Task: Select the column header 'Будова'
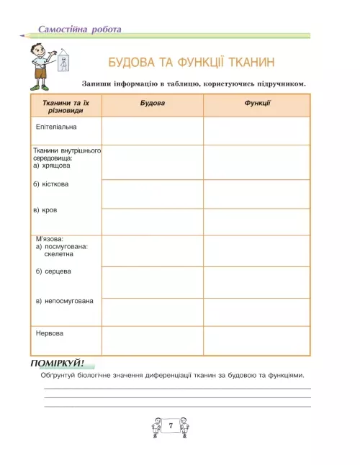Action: [x=152, y=104]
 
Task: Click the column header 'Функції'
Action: [x=257, y=104]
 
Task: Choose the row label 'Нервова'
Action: [x=50, y=333]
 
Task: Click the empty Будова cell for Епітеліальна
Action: [x=152, y=131]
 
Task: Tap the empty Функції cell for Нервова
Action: [x=257, y=340]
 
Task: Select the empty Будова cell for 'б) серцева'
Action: [x=152, y=281]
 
